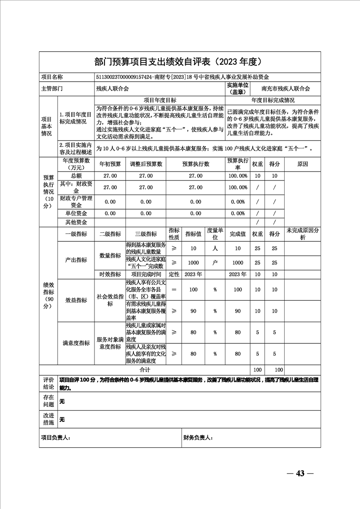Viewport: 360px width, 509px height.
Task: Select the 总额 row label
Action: (x=76, y=176)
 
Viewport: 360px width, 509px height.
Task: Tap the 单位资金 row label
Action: (x=76, y=213)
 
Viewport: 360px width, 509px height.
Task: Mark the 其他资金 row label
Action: (x=76, y=222)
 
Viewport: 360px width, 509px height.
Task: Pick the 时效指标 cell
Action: (x=110, y=274)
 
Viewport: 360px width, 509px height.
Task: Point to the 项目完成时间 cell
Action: (x=146, y=274)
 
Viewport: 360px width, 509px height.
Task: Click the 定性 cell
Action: (x=174, y=274)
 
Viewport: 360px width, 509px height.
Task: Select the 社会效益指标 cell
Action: (x=110, y=300)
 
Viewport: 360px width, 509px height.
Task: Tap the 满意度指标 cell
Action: (x=76, y=343)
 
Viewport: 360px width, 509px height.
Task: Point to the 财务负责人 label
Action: (x=198, y=438)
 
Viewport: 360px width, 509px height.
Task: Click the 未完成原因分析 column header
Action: (x=303, y=234)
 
